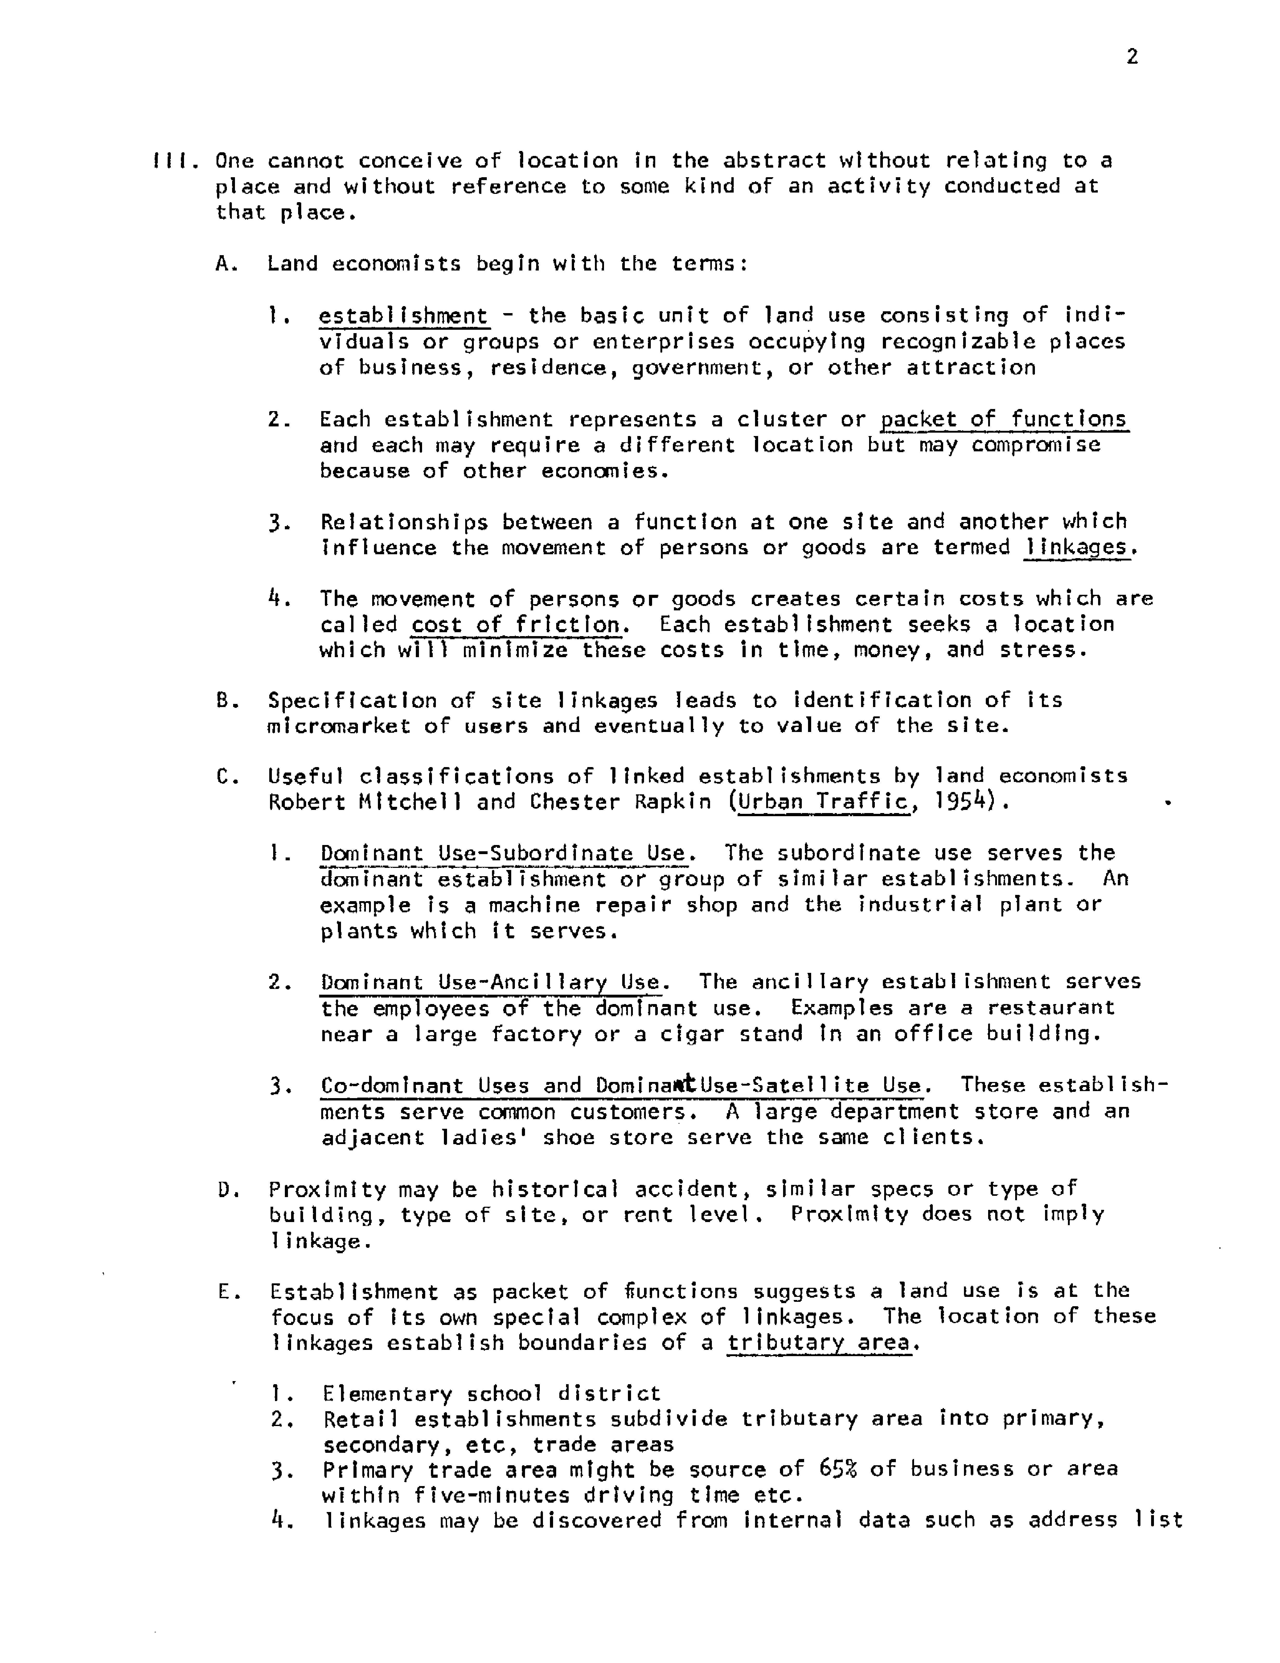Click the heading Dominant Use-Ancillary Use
[x=490, y=982]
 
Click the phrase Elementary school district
[x=491, y=1394]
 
